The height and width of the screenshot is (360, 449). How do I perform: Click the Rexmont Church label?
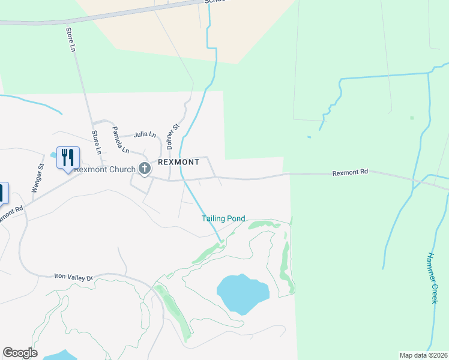pyautogui.click(x=105, y=169)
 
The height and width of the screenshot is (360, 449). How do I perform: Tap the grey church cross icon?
pyautogui.click(x=144, y=169)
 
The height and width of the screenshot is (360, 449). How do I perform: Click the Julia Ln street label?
pyautogui.click(x=145, y=135)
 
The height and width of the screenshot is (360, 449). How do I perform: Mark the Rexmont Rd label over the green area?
pyautogui.click(x=350, y=172)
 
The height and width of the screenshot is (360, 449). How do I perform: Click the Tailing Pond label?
pyautogui.click(x=223, y=218)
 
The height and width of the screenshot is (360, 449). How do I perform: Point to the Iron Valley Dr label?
pyautogui.click(x=74, y=278)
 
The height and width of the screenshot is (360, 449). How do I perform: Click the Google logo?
pyautogui.click(x=20, y=353)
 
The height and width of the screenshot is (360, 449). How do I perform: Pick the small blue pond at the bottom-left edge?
pyautogui.click(x=60, y=355)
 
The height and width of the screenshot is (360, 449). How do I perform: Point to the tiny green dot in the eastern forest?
pyautogui.click(x=412, y=118)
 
